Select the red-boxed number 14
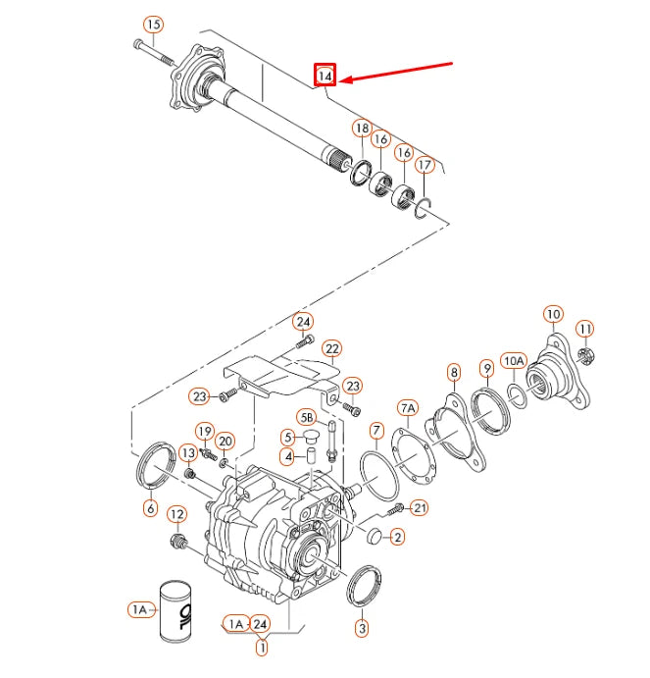325,75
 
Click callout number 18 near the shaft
362,130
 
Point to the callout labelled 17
424,166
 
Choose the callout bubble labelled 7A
408,406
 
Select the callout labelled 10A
514,360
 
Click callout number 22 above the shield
332,349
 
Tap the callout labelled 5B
306,416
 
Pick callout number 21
420,507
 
